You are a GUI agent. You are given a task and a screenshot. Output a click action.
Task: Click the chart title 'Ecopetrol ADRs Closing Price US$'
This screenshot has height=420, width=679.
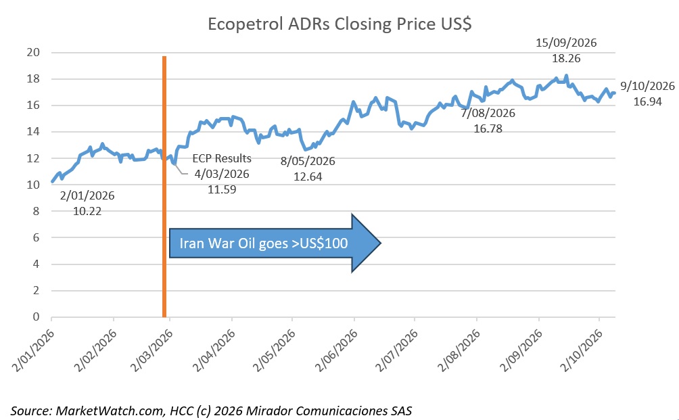(339, 24)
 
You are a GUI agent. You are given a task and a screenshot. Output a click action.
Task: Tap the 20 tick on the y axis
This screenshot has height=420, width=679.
(33, 53)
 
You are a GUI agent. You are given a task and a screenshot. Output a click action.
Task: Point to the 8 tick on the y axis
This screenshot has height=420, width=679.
(36, 211)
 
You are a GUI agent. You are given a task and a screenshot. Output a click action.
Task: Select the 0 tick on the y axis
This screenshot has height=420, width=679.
(36, 317)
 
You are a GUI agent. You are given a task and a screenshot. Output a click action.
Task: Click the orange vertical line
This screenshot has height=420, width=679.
(164, 187)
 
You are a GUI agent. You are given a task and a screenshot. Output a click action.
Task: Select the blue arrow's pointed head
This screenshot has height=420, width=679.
(366, 243)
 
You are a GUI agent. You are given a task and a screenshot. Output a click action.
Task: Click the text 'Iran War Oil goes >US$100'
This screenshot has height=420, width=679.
(264, 243)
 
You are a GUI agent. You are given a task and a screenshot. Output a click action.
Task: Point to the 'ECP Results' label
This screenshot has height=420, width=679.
(222, 158)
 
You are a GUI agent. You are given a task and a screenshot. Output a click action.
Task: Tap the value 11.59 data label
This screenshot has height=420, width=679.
(222, 189)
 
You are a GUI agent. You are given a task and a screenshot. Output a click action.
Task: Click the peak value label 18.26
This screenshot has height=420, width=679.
(566, 58)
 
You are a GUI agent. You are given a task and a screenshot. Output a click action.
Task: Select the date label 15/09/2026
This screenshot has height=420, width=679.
(566, 43)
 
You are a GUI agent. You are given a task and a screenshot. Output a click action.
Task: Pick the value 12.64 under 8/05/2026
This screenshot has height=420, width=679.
(308, 177)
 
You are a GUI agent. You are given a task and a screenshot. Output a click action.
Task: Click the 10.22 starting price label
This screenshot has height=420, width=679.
(87, 211)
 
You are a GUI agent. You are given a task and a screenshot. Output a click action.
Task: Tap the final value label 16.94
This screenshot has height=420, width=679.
(648, 101)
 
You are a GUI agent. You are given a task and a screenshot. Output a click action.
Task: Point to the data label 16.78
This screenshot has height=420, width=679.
(488, 129)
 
